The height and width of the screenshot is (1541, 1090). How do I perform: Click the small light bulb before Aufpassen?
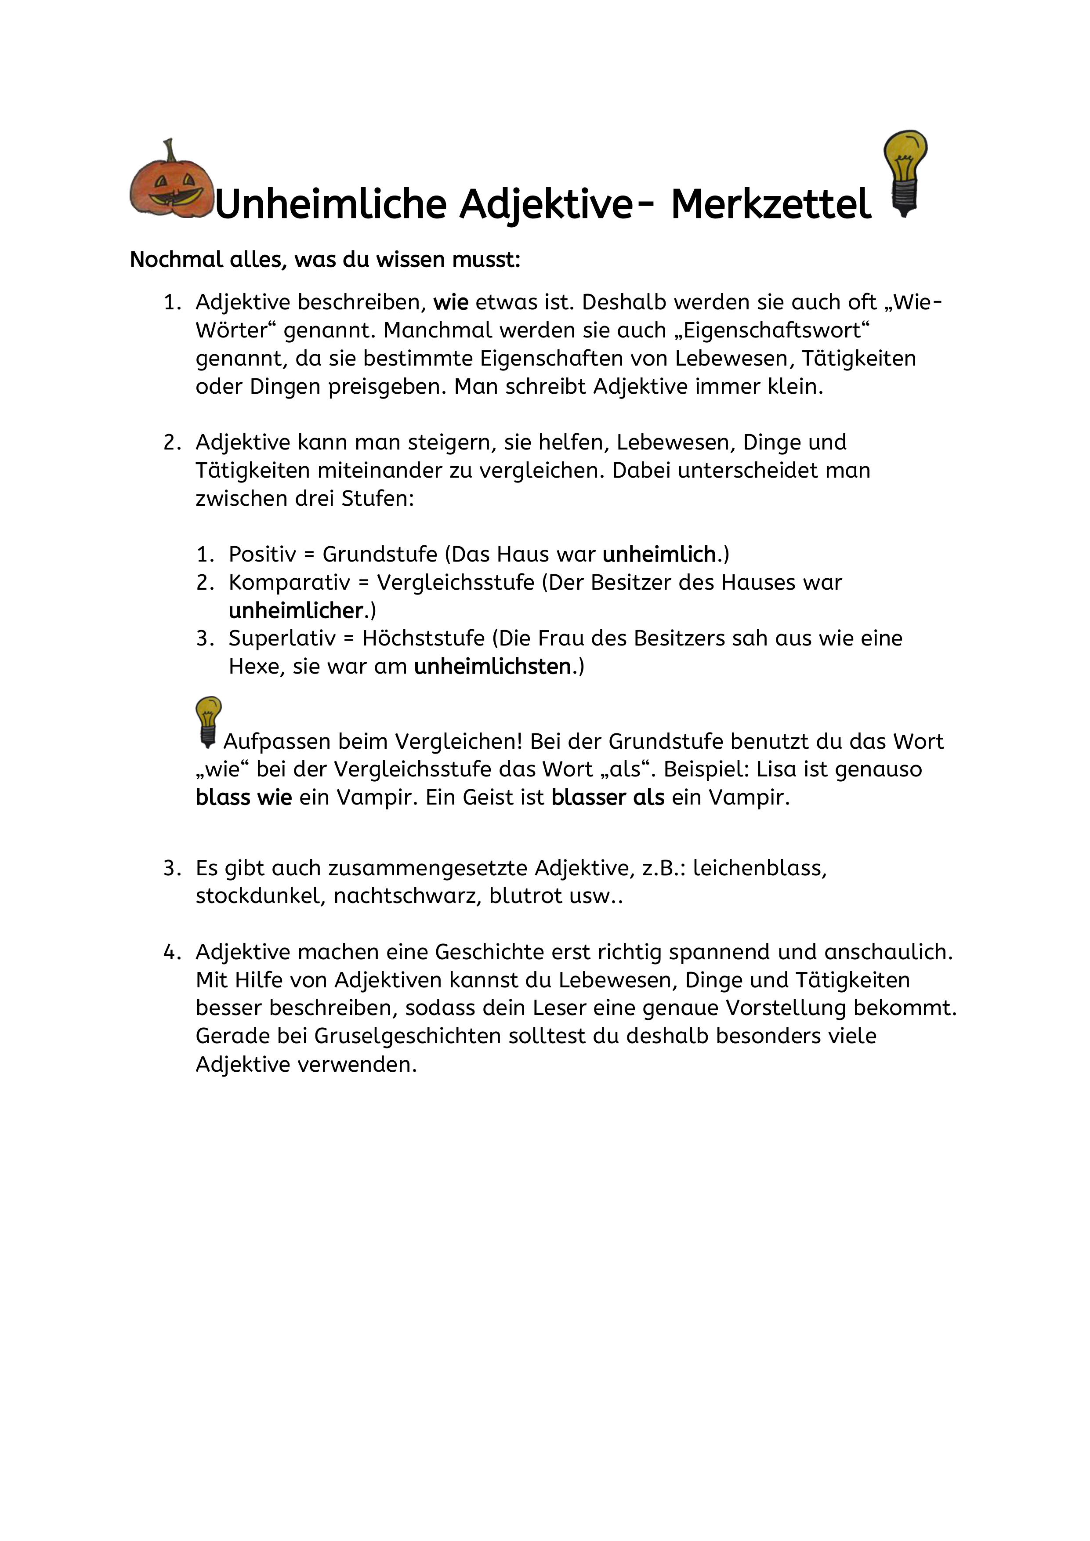point(208,722)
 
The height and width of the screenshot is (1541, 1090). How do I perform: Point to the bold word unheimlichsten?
point(492,667)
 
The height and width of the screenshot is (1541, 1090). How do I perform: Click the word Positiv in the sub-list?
point(262,555)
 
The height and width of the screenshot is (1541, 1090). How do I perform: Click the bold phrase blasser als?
point(608,798)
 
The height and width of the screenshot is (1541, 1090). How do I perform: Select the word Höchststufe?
point(423,638)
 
